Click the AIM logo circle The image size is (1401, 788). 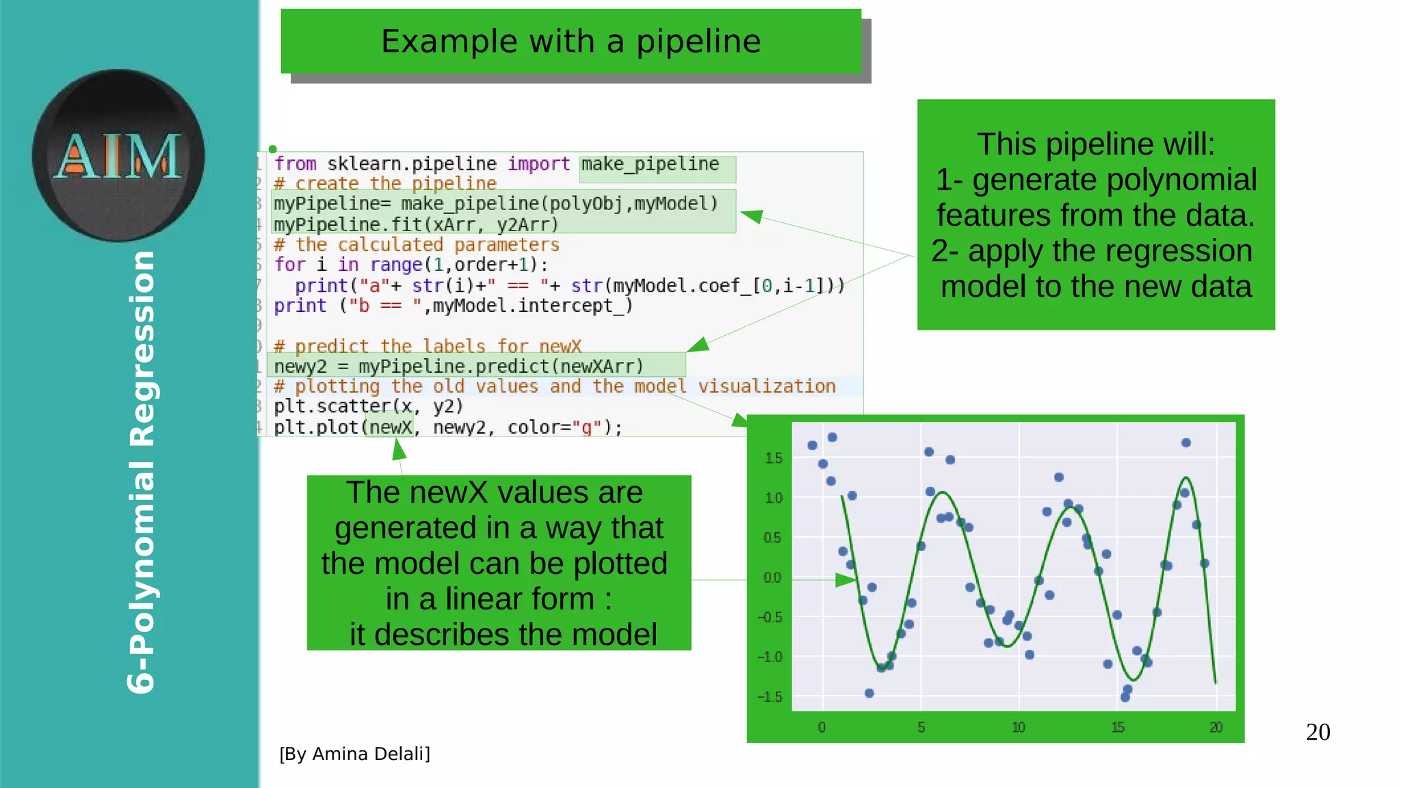[x=118, y=155]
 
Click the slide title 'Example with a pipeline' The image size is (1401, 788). [x=571, y=41]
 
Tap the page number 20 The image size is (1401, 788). [x=1318, y=732]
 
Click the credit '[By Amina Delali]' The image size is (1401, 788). [x=354, y=754]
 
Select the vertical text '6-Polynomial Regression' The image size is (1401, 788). [x=142, y=472]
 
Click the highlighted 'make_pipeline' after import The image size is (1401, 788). [x=650, y=164]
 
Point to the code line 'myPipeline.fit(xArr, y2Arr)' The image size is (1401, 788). [x=416, y=224]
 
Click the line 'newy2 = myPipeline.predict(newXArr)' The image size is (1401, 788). [x=458, y=367]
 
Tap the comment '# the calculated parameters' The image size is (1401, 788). [x=416, y=245]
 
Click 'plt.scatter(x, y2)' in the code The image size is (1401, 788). [x=368, y=406]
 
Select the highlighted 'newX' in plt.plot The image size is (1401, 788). [x=390, y=428]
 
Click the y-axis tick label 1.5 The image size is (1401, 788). [x=774, y=458]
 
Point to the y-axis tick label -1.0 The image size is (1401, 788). [x=770, y=657]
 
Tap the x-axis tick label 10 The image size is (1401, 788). [x=1019, y=728]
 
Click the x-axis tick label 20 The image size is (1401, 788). [x=1216, y=728]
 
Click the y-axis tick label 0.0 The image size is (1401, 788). [x=772, y=578]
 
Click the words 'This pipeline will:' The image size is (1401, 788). [x=1096, y=144]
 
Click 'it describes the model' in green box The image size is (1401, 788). [x=503, y=634]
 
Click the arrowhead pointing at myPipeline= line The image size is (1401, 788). [x=751, y=216]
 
